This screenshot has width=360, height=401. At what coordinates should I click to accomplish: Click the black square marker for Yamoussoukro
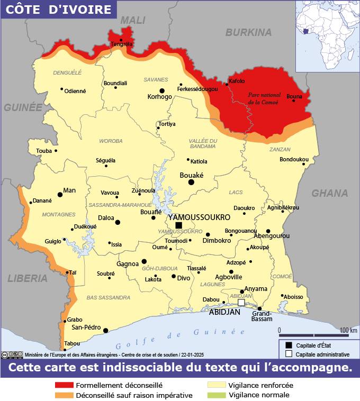point(178,225)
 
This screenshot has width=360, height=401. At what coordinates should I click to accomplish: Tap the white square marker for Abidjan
point(241,303)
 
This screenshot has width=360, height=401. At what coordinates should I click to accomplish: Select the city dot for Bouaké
point(191,182)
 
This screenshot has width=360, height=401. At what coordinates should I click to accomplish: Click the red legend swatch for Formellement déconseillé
point(64,386)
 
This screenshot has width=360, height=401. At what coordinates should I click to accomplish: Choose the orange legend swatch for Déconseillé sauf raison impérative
point(64,395)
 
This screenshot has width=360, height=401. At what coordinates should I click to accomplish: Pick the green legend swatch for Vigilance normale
point(215,395)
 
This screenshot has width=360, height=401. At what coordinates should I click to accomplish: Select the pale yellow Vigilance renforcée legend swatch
point(215,386)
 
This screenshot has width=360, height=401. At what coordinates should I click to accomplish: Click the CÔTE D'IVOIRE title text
point(59,10)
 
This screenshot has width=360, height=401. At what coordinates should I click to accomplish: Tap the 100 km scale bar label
point(348,330)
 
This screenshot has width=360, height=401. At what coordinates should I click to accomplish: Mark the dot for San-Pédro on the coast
point(105,331)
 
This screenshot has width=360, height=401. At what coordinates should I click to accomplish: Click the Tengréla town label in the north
point(121,44)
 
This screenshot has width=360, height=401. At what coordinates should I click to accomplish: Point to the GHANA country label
point(329,193)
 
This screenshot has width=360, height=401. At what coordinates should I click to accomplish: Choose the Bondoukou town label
point(294,159)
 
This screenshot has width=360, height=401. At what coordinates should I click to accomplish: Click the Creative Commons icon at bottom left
point(5,355)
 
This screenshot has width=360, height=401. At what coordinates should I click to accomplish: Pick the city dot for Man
point(60,195)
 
